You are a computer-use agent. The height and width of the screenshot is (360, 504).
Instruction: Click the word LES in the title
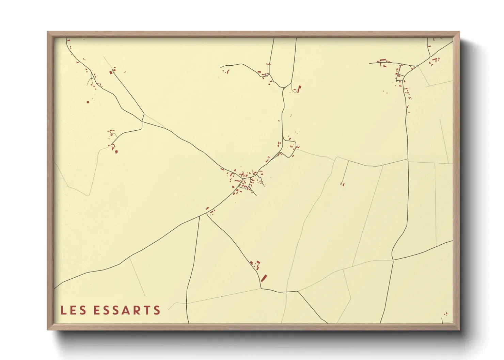point(73,310)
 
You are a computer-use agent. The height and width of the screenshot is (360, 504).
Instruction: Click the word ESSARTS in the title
point(127,310)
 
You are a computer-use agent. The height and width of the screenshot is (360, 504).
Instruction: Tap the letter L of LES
point(63,310)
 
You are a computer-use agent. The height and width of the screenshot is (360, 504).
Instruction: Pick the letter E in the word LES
point(73,310)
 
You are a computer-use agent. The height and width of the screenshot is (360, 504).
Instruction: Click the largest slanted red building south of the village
point(264,278)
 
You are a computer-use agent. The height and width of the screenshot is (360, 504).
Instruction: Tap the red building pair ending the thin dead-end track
point(343,184)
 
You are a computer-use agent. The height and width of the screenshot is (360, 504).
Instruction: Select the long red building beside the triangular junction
point(299,89)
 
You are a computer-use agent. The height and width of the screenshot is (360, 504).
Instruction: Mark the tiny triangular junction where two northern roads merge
point(284,87)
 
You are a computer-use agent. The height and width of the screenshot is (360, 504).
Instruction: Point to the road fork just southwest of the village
point(207,214)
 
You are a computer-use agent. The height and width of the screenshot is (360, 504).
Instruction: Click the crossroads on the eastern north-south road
point(393,260)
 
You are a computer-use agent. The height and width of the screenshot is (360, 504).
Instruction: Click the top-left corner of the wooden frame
point(48,32)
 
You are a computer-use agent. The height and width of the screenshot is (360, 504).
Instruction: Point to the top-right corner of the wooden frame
point(459,32)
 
